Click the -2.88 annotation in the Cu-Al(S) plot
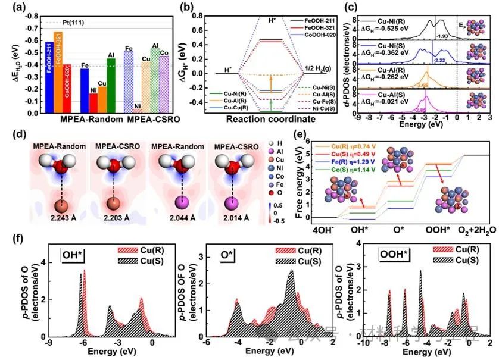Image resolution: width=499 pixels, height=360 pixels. [x=420, y=110]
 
